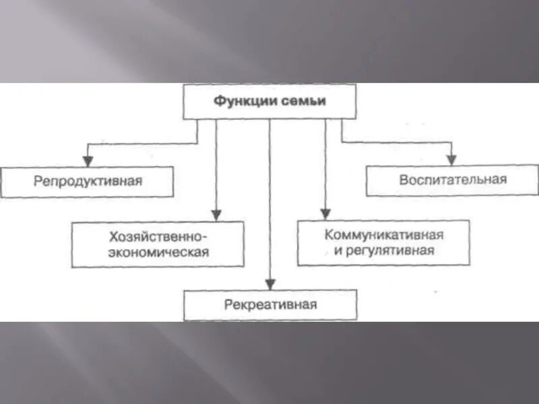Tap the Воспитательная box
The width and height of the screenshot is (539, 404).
click(452, 180)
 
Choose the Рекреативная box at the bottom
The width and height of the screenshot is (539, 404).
click(270, 304)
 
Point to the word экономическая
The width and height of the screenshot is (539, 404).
click(158, 252)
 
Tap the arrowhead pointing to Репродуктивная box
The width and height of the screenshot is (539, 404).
click(87, 162)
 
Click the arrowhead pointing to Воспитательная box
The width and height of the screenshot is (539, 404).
click(452, 160)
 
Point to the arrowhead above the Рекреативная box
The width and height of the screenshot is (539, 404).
click(269, 284)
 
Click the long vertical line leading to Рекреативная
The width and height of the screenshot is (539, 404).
click(269, 202)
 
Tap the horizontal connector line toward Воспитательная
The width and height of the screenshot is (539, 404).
click(398, 142)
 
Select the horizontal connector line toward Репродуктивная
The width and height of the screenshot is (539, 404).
click(141, 142)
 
